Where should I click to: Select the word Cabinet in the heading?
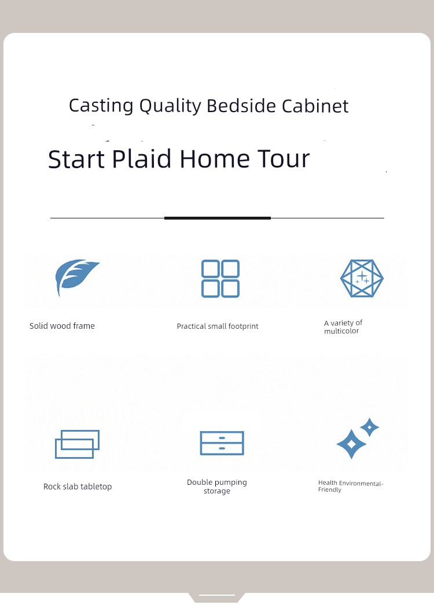pyautogui.click(x=315, y=106)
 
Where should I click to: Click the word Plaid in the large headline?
pyautogui.click(x=142, y=158)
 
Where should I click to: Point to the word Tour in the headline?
pyautogui.click(x=284, y=158)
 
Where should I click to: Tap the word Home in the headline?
pyautogui.click(x=215, y=158)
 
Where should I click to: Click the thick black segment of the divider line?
pyautogui.click(x=218, y=218)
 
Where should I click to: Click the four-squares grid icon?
pyautogui.click(x=220, y=279)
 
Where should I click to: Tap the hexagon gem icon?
pyautogui.click(x=362, y=278)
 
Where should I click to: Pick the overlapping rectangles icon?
pyautogui.click(x=78, y=444)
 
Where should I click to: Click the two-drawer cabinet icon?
pyautogui.click(x=222, y=443)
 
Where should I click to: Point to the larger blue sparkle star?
pyautogui.click(x=351, y=444)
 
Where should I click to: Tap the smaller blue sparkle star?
pyautogui.click(x=369, y=427)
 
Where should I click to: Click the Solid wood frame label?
pyautogui.click(x=62, y=326)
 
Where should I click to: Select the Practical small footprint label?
pyautogui.click(x=218, y=326)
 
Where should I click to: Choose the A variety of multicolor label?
pyautogui.click(x=343, y=327)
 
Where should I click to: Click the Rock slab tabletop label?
pyautogui.click(x=78, y=487)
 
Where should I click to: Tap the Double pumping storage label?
pyautogui.click(x=217, y=487)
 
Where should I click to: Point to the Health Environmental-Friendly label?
pyautogui.click(x=351, y=486)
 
